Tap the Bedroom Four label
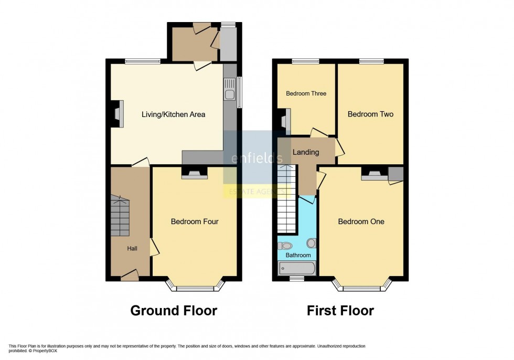click(195, 221)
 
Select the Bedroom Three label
click(306, 93)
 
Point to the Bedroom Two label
click(370, 114)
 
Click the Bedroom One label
click(361, 221)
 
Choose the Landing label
click(306, 152)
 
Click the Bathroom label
click(298, 255)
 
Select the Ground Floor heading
click(173, 311)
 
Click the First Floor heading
click(340, 311)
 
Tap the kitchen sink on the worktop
click(229, 95)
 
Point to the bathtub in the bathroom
click(297, 268)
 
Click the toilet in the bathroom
click(286, 245)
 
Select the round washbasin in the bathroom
click(312, 243)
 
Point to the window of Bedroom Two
click(371, 61)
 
